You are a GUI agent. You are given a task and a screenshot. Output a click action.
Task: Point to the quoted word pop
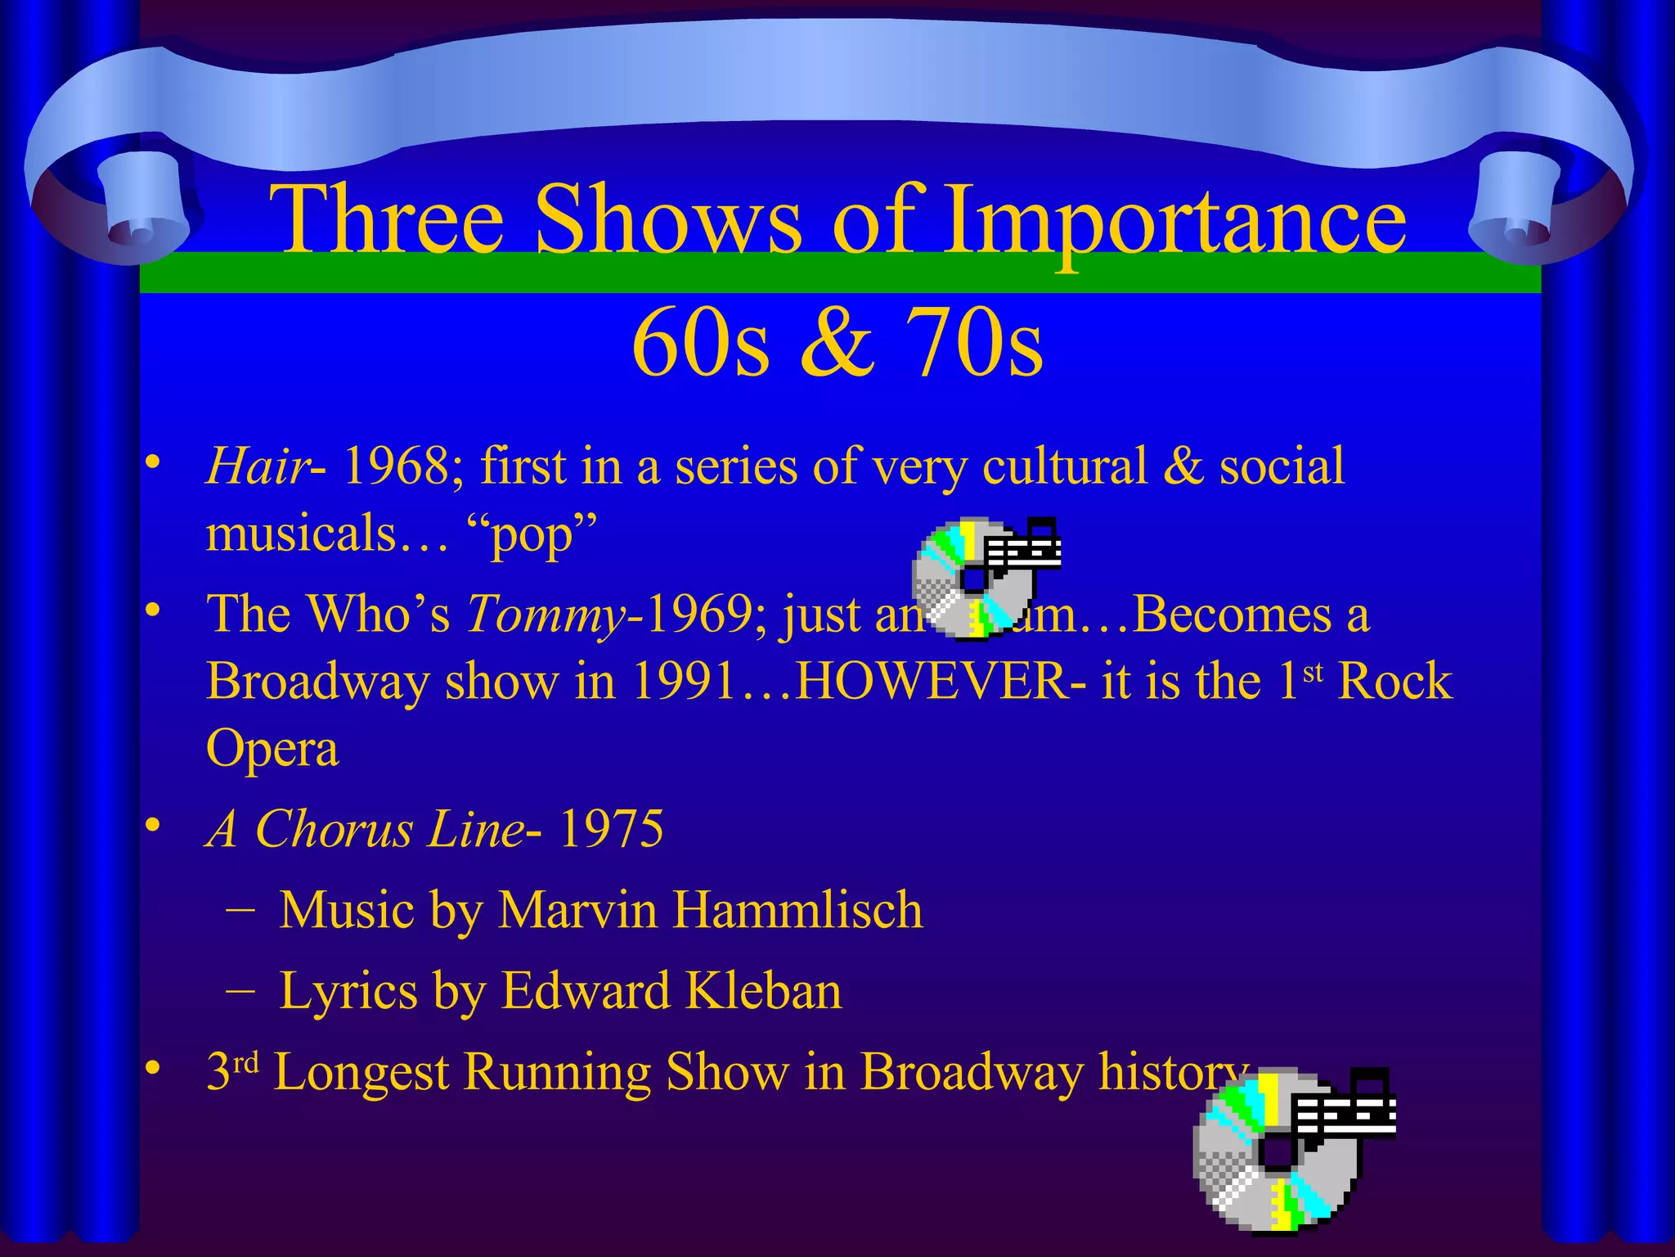[x=532, y=536]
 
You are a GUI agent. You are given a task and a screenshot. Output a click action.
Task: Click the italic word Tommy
[x=545, y=614]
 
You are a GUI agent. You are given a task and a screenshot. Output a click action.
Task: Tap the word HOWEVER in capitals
[x=931, y=681]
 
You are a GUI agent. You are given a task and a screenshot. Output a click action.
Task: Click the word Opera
[x=272, y=748]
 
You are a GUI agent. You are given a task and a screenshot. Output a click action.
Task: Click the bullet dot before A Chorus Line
[x=152, y=829]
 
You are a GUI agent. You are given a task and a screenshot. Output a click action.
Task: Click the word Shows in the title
[x=668, y=219]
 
